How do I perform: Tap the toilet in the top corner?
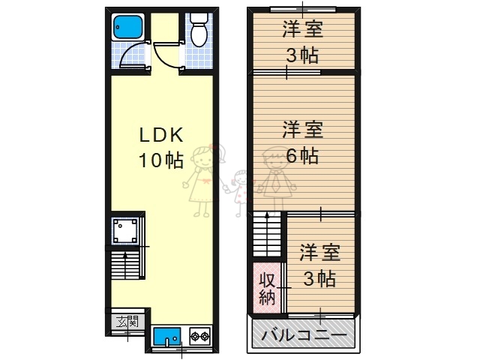click(x=199, y=31)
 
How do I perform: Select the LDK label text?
click(x=160, y=135)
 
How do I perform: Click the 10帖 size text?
click(x=160, y=160)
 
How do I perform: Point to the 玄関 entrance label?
click(x=127, y=322)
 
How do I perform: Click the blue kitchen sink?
click(x=168, y=337)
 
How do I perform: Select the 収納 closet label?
click(x=267, y=287)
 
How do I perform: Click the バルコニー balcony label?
click(x=304, y=335)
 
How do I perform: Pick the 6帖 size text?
click(x=302, y=156)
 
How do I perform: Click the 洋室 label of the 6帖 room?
click(x=302, y=130)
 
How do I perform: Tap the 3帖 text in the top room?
click(x=302, y=55)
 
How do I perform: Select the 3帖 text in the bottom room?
click(x=319, y=278)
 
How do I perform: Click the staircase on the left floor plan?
click(x=125, y=266)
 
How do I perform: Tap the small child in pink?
click(x=241, y=187)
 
